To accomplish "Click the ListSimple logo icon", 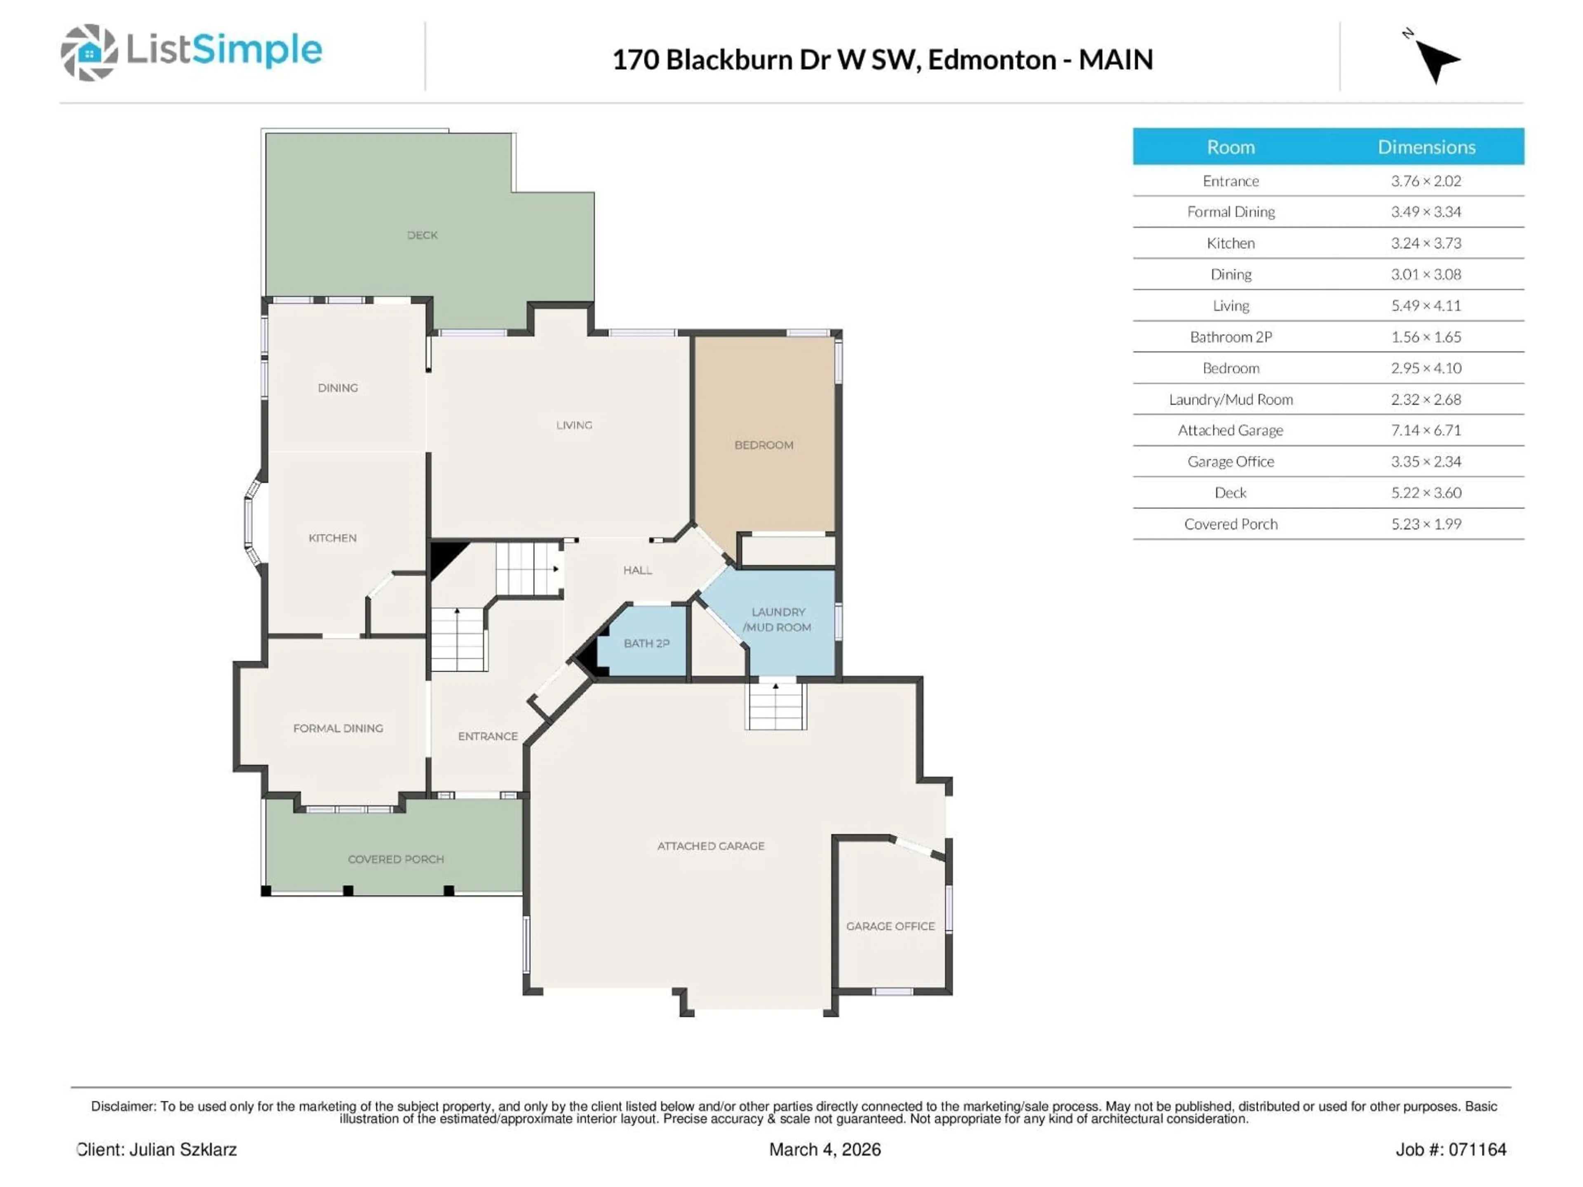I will click(89, 52).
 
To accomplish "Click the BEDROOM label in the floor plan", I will click(763, 445).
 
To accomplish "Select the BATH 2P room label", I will click(646, 643).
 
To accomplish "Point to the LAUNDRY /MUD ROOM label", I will click(778, 619).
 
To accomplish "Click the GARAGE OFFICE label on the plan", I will click(890, 926).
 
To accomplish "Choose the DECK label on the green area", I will click(422, 235).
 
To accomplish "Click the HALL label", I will click(637, 570).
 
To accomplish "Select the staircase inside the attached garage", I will click(776, 706).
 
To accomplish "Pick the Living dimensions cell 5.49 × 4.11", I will click(1426, 305).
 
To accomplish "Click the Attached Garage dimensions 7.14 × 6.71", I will click(1426, 430).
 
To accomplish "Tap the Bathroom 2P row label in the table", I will click(1230, 337).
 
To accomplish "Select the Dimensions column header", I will click(1426, 148).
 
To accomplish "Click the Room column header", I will click(1230, 148).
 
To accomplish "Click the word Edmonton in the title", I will click(992, 59).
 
